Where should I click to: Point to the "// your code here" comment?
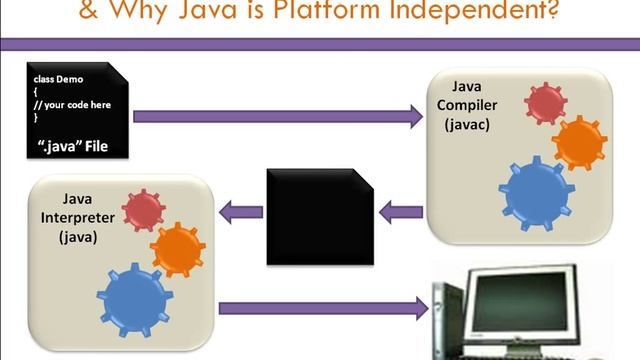click(71, 103)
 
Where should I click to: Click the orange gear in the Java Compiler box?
click(580, 142)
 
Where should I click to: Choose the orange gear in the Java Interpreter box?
click(177, 247)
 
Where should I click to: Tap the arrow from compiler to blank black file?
click(401, 211)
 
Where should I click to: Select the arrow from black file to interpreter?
click(241, 211)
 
